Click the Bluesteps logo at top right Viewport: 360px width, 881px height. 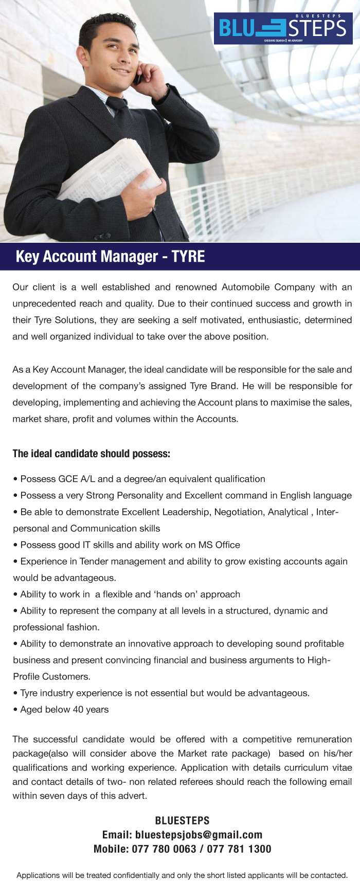coord(283,28)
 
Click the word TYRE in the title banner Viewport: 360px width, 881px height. coord(188,256)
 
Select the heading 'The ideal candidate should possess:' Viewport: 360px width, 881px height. coord(91,454)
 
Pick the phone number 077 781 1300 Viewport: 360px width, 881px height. coord(239,849)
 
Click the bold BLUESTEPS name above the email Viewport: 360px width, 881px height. coord(182,820)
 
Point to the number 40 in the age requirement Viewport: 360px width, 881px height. coord(78,710)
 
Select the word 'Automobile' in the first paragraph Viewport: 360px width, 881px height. coord(245,287)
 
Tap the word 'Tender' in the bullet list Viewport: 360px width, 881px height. coord(94,561)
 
